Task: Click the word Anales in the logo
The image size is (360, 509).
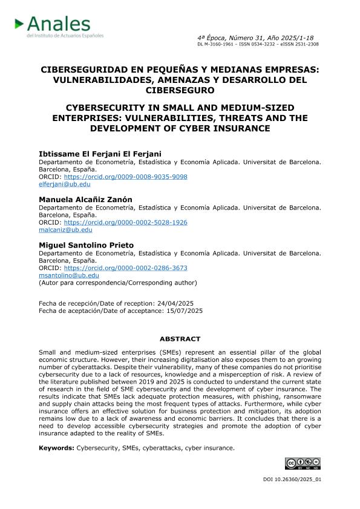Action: (x=59, y=24)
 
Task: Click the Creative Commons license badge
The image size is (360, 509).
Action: (x=303, y=464)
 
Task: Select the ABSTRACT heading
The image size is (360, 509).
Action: (x=180, y=339)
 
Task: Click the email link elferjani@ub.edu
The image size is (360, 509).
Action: (x=65, y=184)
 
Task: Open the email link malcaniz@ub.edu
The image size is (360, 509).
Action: (x=66, y=230)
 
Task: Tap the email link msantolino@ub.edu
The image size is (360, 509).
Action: (x=68, y=275)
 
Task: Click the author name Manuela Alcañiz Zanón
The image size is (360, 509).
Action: (x=85, y=199)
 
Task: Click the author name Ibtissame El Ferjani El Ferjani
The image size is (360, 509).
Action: (x=96, y=154)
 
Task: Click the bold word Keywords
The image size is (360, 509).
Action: (x=56, y=448)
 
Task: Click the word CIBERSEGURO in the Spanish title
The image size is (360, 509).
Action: (x=180, y=91)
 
